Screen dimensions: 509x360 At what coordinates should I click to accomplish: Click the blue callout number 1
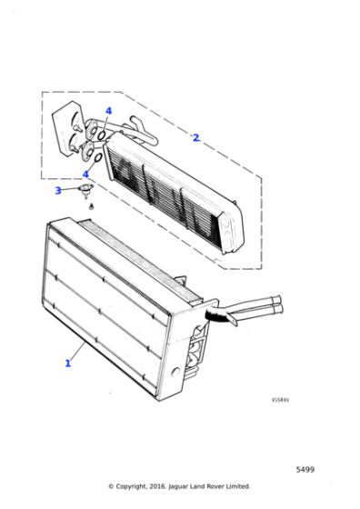[x=67, y=363]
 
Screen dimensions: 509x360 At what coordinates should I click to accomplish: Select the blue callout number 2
[x=195, y=138]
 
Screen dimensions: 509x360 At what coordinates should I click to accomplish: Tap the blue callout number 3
[x=58, y=191]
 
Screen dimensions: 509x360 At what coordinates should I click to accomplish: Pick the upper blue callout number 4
[x=107, y=111]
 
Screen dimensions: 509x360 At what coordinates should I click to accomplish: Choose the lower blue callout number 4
[x=86, y=174]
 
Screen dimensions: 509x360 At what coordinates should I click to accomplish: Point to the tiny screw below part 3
[x=92, y=207]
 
